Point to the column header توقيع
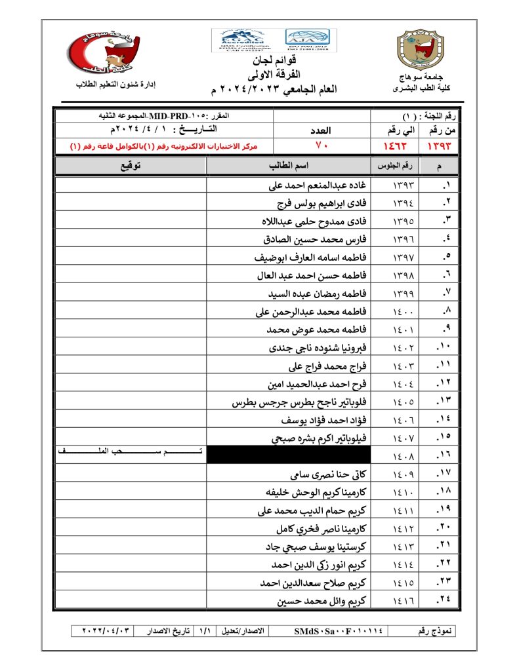coord(131,166)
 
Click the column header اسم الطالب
coord(289,166)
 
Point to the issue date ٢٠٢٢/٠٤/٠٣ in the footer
coord(108,631)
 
